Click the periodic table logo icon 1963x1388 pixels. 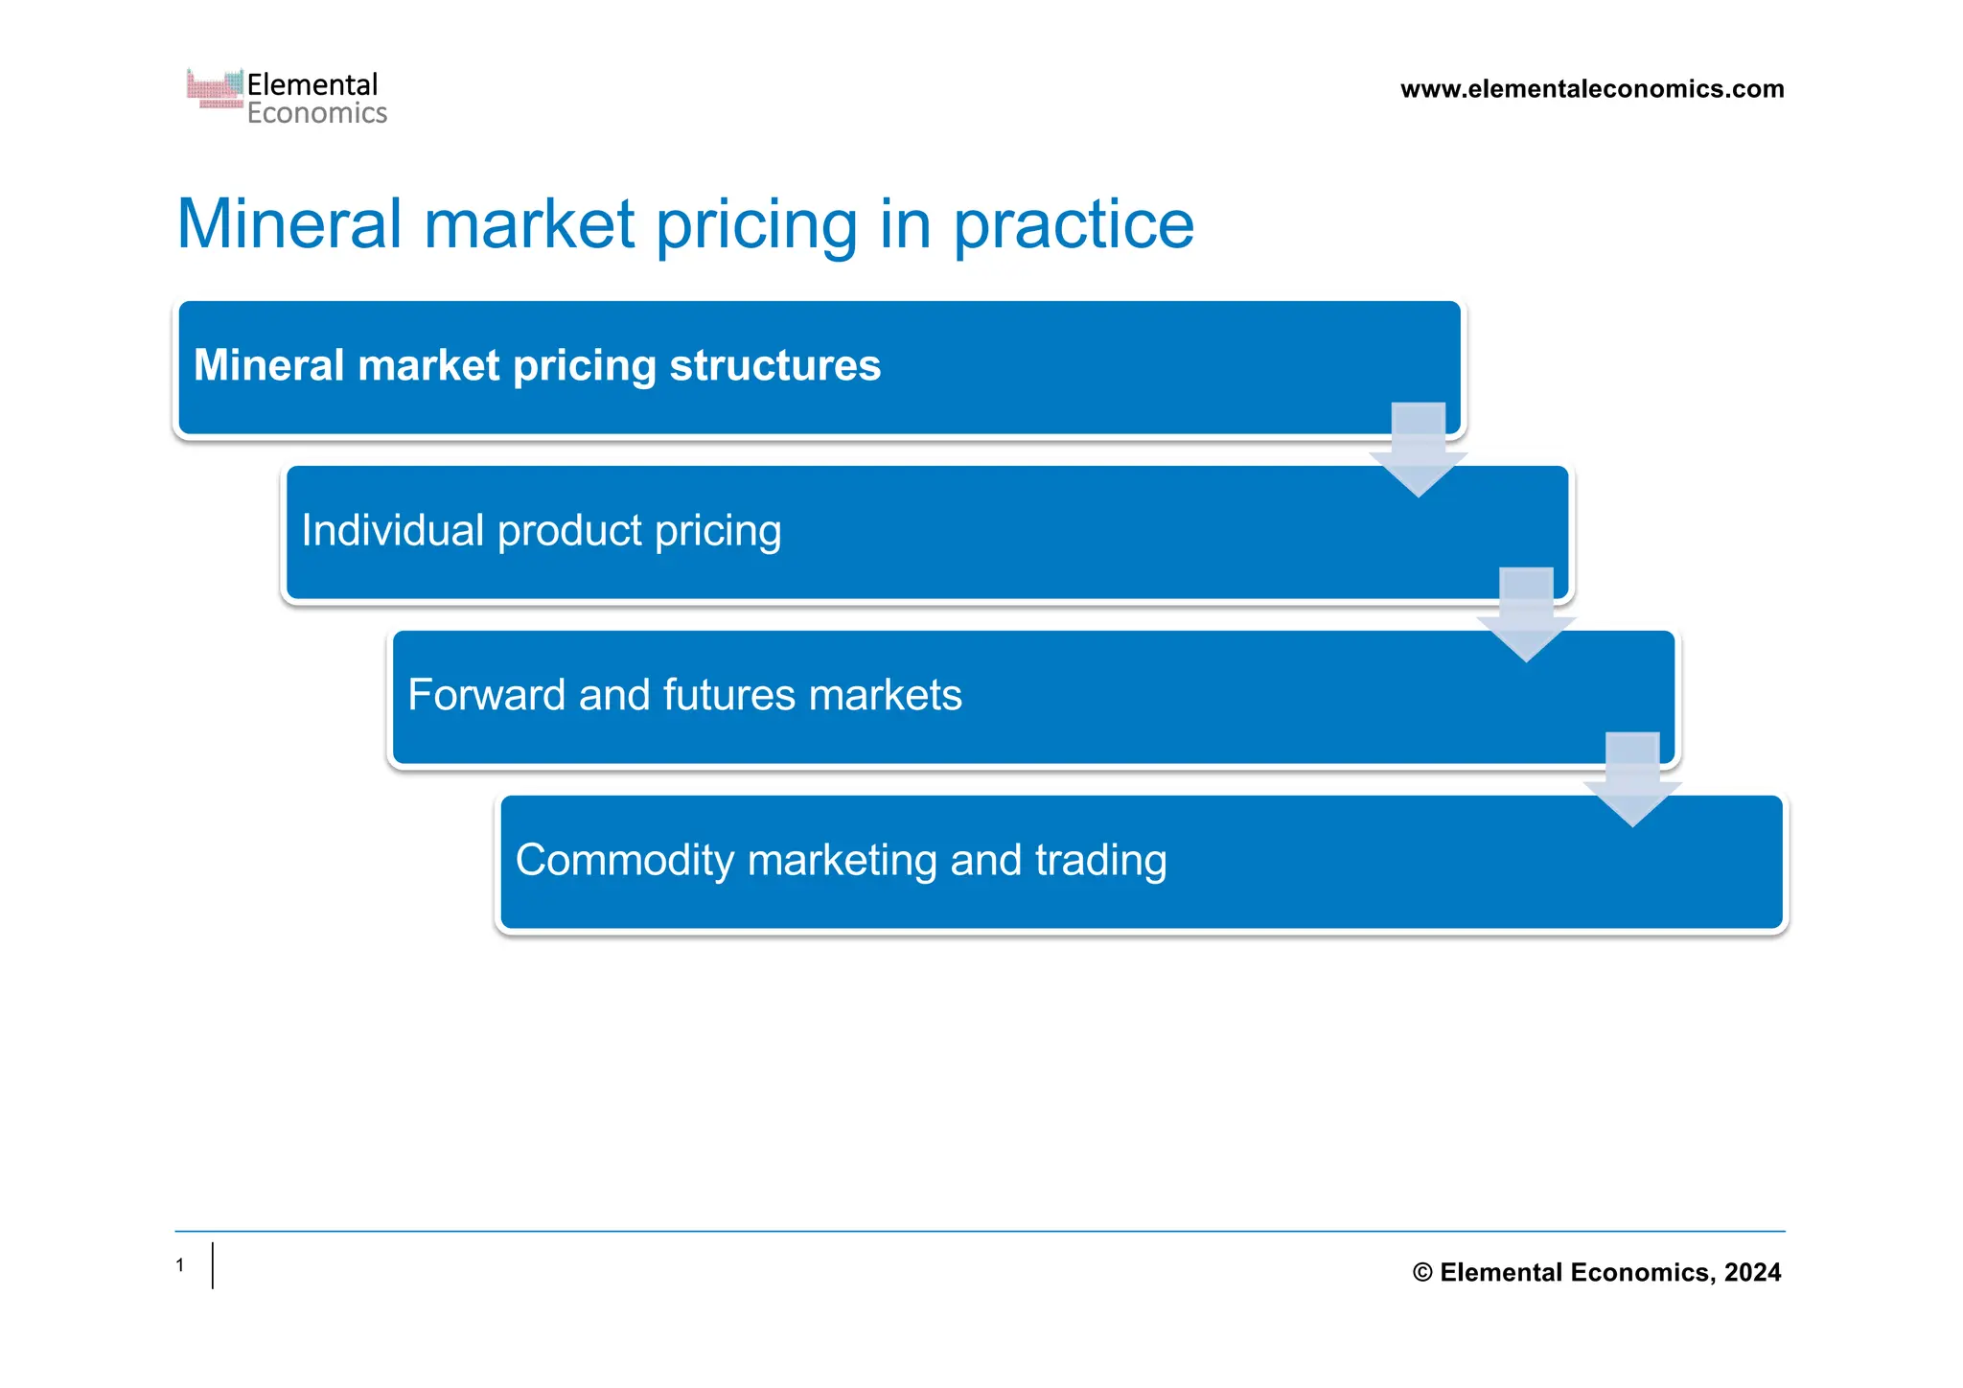click(x=215, y=89)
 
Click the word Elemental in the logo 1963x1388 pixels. click(x=312, y=84)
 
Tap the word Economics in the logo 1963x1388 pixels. click(x=317, y=114)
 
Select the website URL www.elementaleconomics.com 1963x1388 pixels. click(x=1592, y=89)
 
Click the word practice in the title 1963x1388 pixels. click(x=1074, y=225)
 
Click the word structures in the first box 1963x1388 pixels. click(x=774, y=365)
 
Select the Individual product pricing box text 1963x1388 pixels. click(x=542, y=530)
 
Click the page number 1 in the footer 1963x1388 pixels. click(x=180, y=1265)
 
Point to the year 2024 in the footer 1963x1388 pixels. click(x=1752, y=1272)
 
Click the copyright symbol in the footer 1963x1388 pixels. click(x=1422, y=1273)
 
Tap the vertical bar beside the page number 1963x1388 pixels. click(x=213, y=1265)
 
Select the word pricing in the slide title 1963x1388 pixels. click(x=756, y=225)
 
